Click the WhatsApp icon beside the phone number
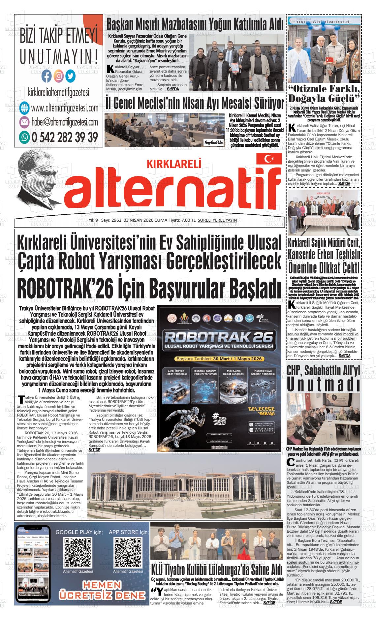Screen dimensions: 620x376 (24, 137)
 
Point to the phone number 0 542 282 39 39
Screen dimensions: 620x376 (64, 137)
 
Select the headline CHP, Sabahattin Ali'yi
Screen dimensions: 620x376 (324, 370)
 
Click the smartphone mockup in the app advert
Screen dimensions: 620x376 (32, 564)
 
